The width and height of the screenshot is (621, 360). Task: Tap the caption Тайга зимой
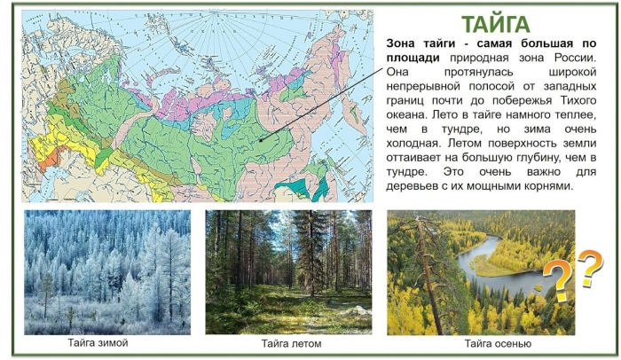(98, 342)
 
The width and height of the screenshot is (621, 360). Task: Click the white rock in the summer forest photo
(356, 312)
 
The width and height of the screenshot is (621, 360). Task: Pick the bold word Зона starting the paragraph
(405, 43)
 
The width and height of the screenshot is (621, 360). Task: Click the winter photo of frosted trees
(106, 270)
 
